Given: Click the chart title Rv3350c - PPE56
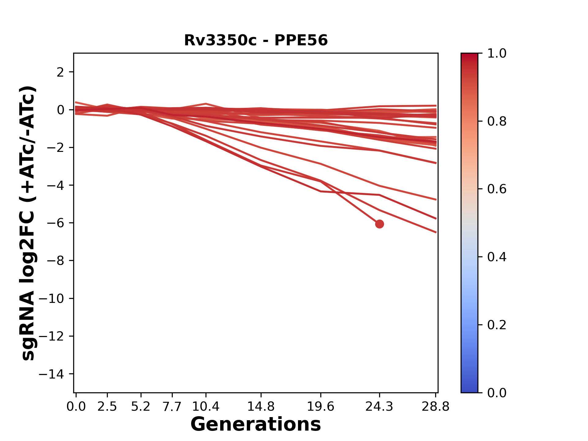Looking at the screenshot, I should [256, 40].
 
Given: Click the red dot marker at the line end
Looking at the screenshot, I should [379, 224].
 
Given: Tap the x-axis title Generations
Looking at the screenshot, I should [256, 424].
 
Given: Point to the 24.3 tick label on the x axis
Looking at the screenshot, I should [379, 407].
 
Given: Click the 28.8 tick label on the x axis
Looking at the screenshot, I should [435, 407].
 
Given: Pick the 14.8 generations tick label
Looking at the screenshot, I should [261, 407].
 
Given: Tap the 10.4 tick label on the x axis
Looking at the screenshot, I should [206, 407].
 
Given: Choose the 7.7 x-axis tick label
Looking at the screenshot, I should [172, 407].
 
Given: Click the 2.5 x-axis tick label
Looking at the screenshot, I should [107, 407].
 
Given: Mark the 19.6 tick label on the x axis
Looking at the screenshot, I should [321, 407].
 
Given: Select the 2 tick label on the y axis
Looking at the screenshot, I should [60, 72].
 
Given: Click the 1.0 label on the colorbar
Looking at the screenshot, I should [497, 54].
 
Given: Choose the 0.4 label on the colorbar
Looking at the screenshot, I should [497, 257].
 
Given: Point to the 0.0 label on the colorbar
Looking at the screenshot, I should [497, 393].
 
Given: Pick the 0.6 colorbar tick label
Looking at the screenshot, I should [497, 189].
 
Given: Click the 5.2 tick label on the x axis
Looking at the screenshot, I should [141, 407].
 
